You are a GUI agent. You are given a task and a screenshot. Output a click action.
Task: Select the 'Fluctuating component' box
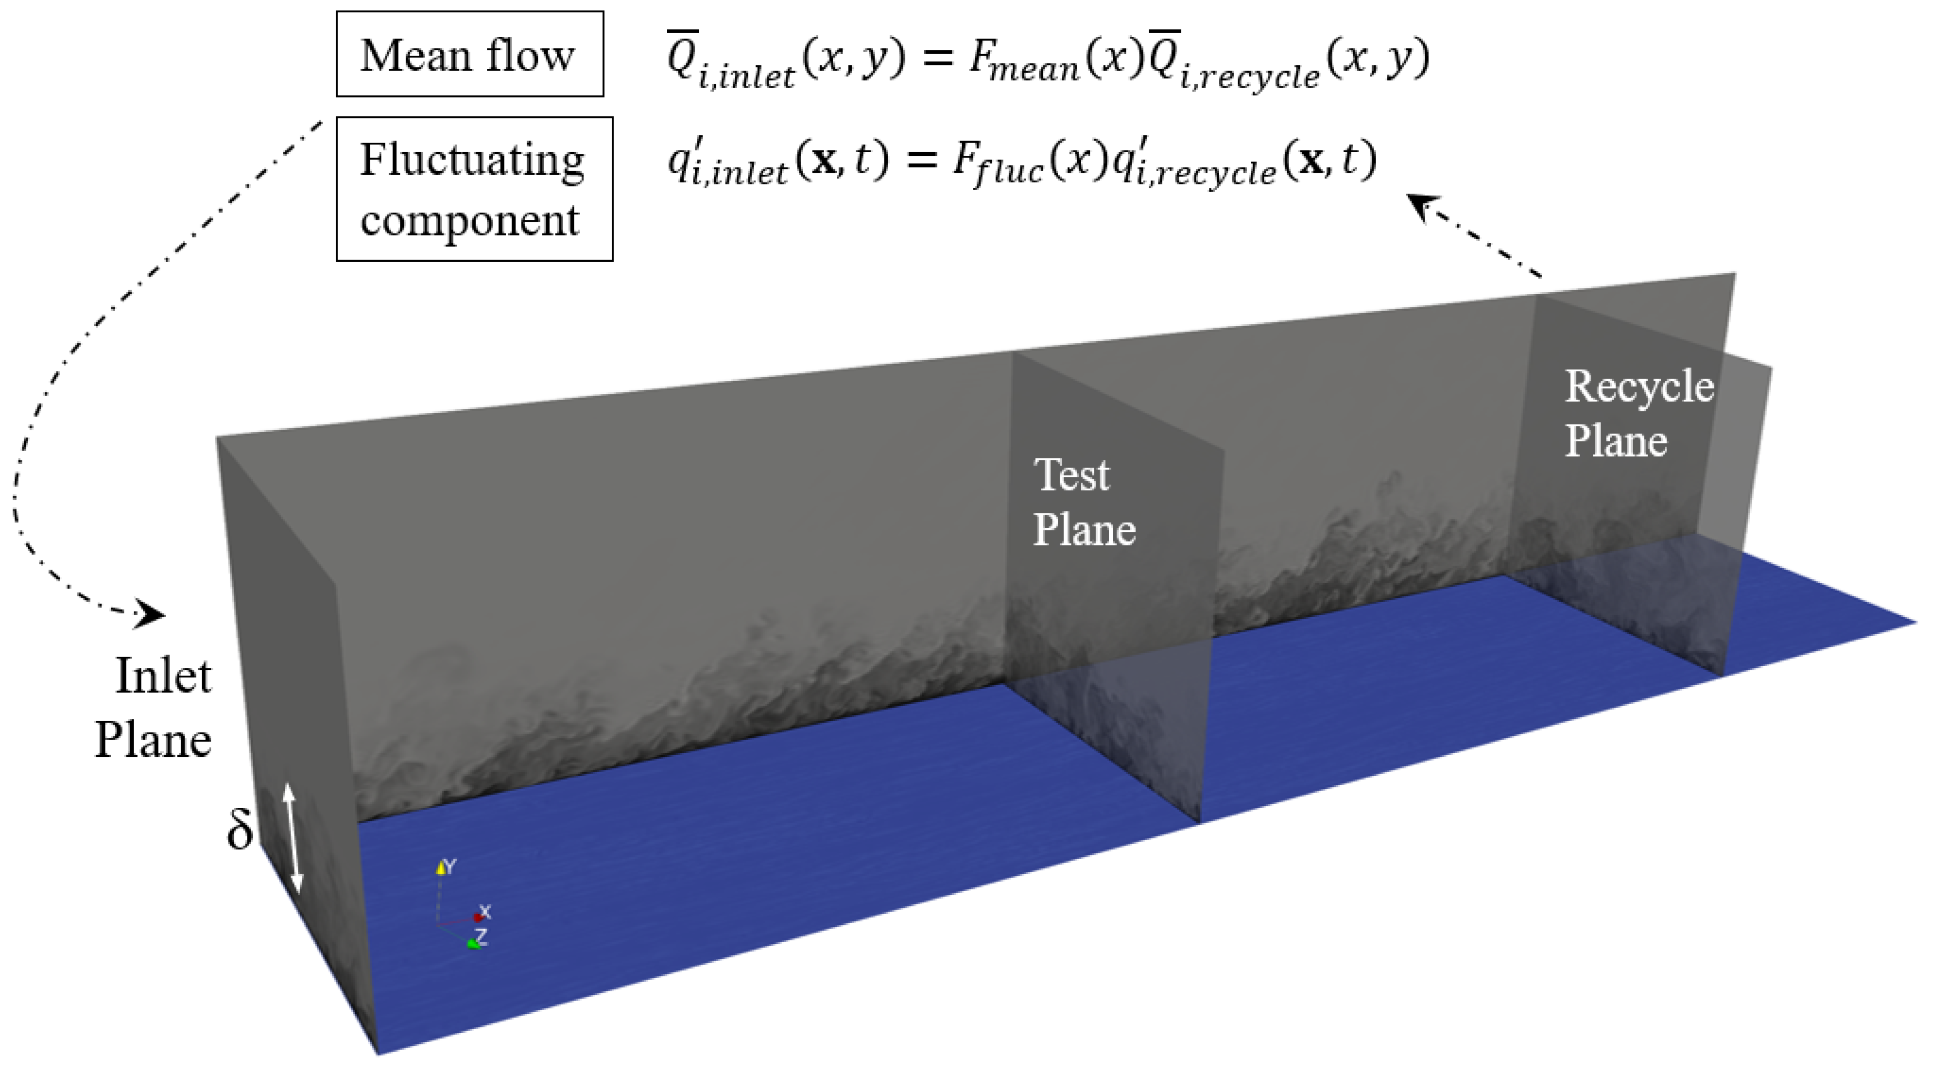tap(474, 189)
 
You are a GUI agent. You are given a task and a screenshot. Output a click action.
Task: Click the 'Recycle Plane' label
tap(1638, 413)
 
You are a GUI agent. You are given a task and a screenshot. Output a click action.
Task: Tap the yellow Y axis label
tap(449, 867)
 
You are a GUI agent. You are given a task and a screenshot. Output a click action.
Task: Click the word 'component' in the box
tap(470, 221)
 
